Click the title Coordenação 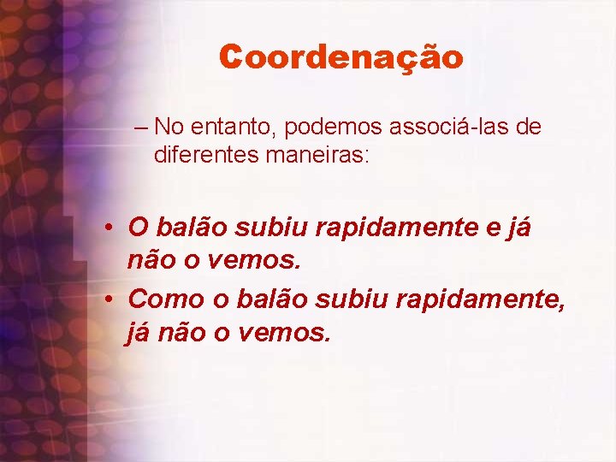coord(341,57)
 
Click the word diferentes coord(206,155)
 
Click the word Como coord(162,299)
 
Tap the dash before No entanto coord(141,128)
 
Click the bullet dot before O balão coord(112,229)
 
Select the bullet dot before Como coord(112,299)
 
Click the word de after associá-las coord(530,127)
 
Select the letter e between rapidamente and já coord(494,228)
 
